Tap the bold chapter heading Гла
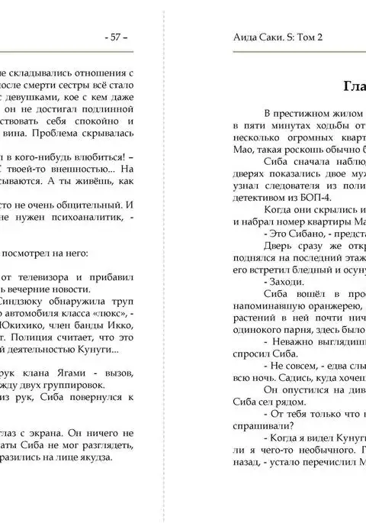click(x=353, y=85)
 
